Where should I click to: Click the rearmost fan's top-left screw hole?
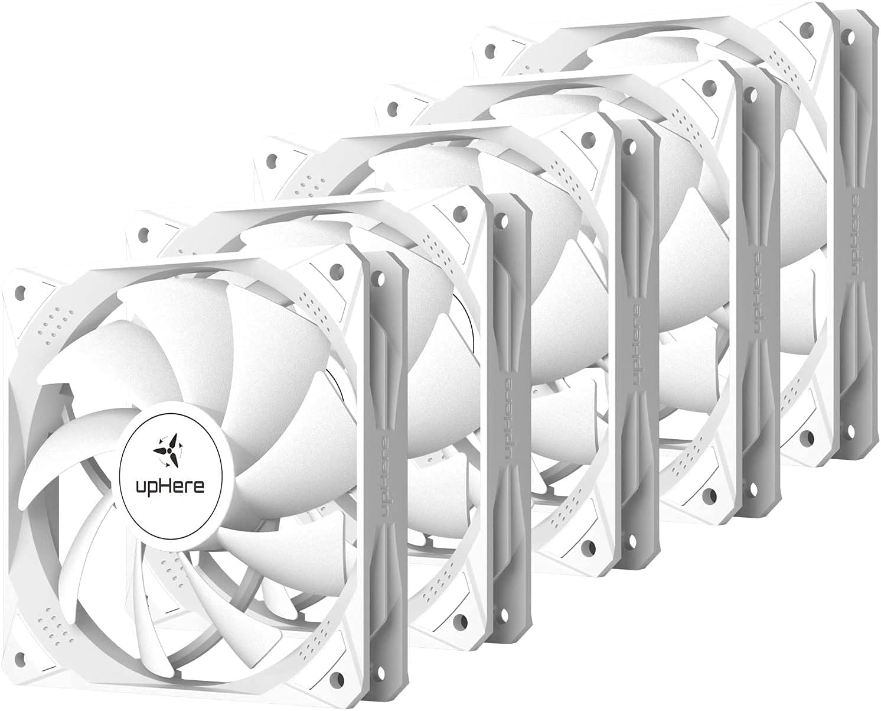point(489,51)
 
